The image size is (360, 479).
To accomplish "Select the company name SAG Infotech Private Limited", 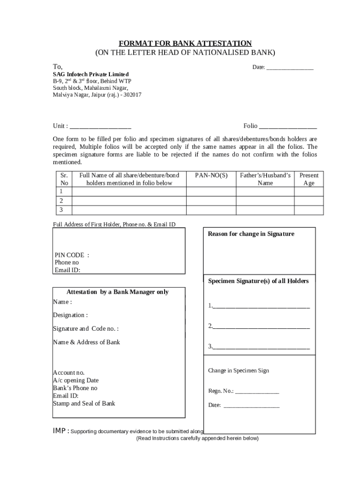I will click(x=91, y=74).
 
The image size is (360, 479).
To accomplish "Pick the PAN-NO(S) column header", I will click(x=211, y=175).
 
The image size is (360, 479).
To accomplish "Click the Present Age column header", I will click(x=309, y=179).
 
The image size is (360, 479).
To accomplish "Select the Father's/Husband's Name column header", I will click(x=265, y=179).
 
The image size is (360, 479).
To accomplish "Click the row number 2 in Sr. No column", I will click(x=61, y=201).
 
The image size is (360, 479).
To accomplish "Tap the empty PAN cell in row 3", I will click(x=211, y=210).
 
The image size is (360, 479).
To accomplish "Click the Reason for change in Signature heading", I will click(x=251, y=234).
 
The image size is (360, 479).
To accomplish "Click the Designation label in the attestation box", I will click(x=70, y=315).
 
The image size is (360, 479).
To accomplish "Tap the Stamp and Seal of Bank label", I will click(x=84, y=403).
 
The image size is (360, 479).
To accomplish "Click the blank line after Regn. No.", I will click(x=257, y=392).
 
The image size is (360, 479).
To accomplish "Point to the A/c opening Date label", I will click(x=76, y=380).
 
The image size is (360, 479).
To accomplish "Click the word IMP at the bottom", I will click(x=60, y=430).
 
